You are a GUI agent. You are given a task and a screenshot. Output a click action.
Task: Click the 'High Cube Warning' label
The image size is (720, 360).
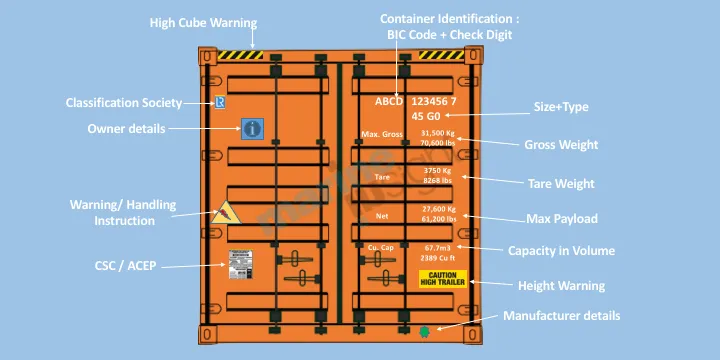pos(203,22)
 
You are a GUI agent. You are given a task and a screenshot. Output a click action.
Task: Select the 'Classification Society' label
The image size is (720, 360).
pos(124,103)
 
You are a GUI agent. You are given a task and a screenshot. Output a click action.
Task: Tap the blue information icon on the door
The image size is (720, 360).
pos(252,128)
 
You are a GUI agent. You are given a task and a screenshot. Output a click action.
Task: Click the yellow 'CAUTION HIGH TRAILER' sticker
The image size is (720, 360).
pos(442,278)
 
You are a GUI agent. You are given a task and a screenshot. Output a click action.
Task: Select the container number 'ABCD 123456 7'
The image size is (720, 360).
pos(415,102)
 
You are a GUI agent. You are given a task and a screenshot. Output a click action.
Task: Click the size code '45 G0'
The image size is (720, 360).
pos(411,116)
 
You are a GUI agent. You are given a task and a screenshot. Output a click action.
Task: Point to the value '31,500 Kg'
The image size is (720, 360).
pos(438,132)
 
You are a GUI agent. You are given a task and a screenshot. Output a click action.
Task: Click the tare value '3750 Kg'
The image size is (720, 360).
pos(438,170)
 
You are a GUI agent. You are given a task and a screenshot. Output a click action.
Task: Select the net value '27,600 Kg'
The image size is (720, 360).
pos(438,208)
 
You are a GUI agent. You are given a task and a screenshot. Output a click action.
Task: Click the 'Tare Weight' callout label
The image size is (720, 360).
pos(561,183)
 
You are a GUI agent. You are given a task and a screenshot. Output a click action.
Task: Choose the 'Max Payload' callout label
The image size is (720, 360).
pos(562,218)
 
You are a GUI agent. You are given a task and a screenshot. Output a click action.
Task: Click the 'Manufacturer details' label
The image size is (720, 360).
pos(561,316)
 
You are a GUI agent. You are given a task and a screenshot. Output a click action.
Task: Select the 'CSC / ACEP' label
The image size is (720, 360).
pos(120,266)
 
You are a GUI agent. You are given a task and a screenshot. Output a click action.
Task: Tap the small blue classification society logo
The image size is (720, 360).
pos(220,102)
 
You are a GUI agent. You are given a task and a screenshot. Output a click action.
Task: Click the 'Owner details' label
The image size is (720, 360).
pos(126,129)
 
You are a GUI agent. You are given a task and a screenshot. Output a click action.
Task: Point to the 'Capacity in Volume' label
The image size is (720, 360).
pos(561,251)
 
